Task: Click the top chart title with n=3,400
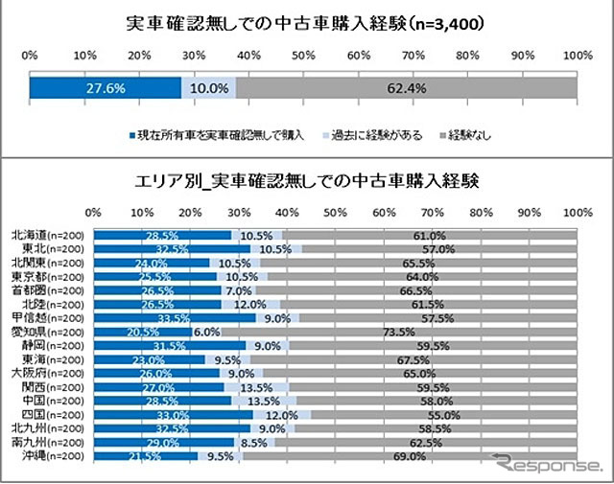click(306, 21)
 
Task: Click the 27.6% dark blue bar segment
click(105, 88)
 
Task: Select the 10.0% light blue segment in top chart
click(208, 88)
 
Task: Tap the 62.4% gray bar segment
click(407, 88)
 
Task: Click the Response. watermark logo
click(546, 467)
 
